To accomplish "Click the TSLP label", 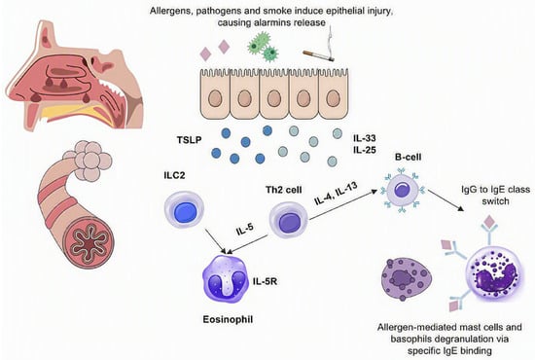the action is (190, 140).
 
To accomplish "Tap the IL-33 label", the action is (365, 138).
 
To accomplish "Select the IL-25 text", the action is (365, 150).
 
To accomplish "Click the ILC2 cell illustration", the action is (184, 209).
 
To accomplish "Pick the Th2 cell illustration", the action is (288, 220).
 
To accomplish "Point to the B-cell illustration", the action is (403, 191).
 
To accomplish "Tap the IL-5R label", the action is (265, 281).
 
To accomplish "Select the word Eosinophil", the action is (228, 319).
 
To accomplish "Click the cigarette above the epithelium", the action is (319, 56).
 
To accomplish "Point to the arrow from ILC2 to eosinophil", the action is (216, 241).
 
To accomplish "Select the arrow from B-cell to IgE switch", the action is (446, 200).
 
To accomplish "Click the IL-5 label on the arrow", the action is (244, 230).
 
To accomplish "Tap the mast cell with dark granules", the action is (406, 279).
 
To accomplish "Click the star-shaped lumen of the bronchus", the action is (89, 243).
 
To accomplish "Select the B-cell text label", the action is (409, 157).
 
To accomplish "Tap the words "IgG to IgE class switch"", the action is (495, 196).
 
